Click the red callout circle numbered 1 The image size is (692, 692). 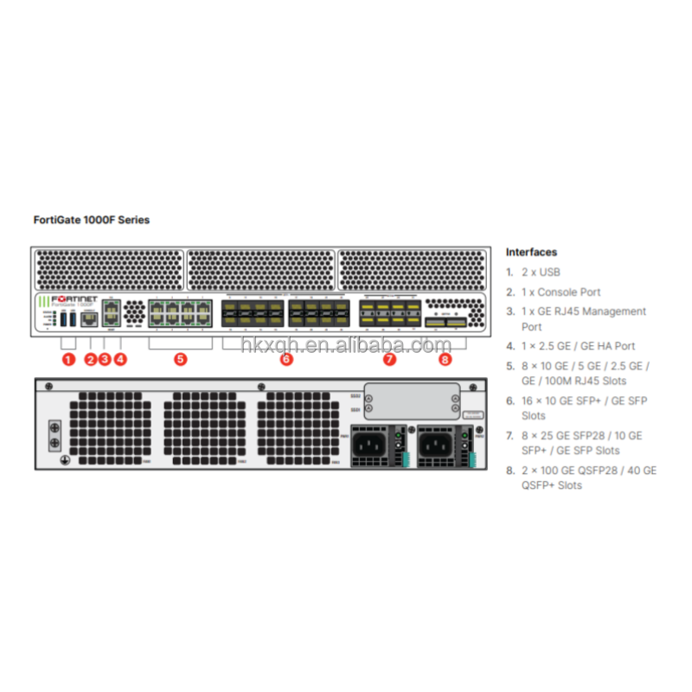coord(69,359)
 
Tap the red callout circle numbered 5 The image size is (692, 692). coord(180,359)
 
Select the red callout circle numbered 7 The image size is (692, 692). coord(389,359)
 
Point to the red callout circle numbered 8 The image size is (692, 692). coord(445,359)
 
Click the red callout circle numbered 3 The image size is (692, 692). coord(105,359)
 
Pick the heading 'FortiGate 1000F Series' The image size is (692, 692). coord(91,220)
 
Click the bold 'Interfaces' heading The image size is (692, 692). coord(531,253)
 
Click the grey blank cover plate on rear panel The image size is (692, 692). coord(410,400)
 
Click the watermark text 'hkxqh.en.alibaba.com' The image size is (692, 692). coord(346,346)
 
